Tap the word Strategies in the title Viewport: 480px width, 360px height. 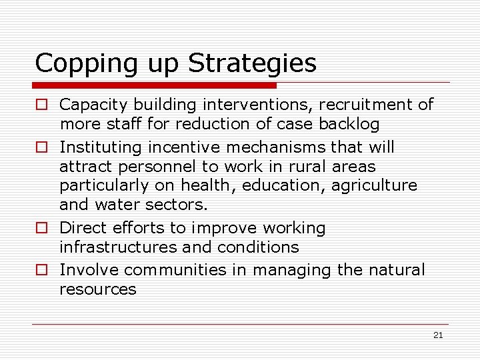pos(252,64)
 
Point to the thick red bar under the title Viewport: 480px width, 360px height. pos(154,85)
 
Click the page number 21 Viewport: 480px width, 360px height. pos(438,335)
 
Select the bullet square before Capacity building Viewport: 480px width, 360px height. pos(41,105)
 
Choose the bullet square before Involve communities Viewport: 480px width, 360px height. pos(41,271)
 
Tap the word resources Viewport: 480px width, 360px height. pos(97,289)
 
